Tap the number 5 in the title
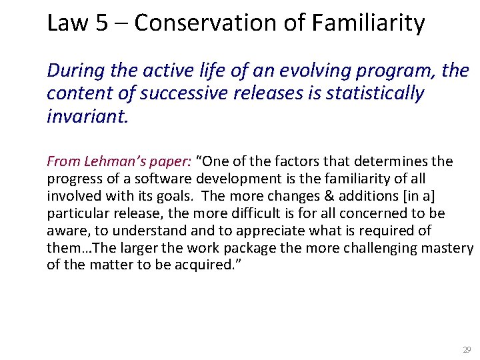click(101, 23)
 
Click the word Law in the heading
click(67, 23)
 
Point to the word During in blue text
click(72, 70)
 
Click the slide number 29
click(466, 349)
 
